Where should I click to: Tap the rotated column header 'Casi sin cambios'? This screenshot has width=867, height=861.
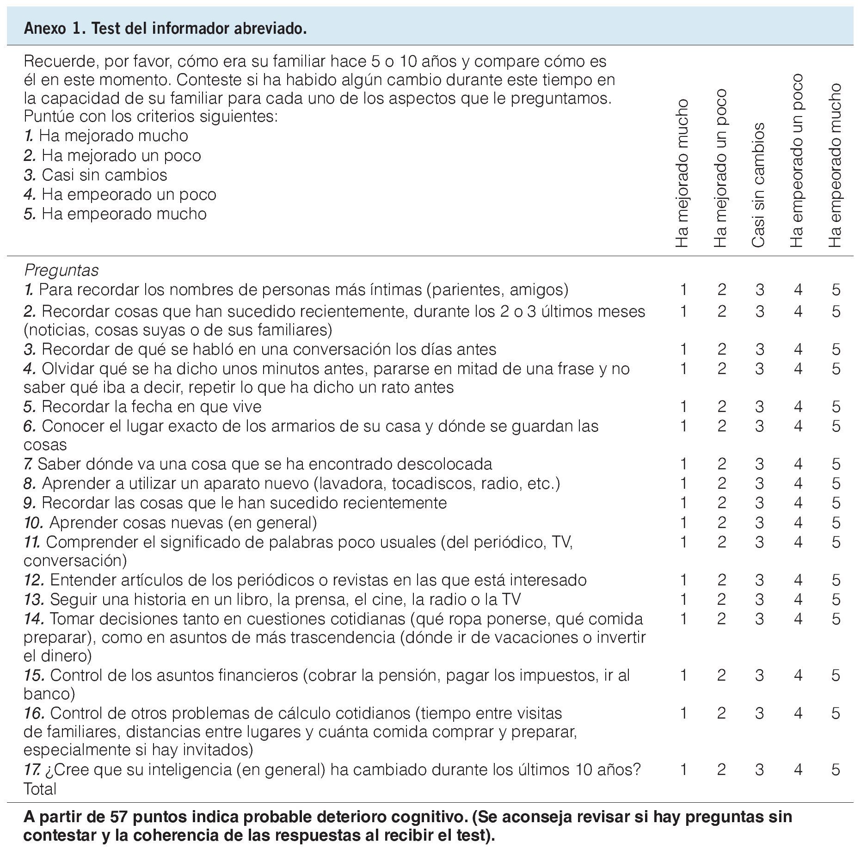pos(758,184)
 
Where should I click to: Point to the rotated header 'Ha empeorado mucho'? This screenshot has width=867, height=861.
pos(835,165)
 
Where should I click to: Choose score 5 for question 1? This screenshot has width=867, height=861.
pos(836,290)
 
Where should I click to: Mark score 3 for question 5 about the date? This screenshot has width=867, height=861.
pos(759,407)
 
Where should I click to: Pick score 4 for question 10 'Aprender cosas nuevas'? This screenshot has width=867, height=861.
pos(798,523)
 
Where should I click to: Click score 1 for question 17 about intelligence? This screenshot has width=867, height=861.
pos(683,770)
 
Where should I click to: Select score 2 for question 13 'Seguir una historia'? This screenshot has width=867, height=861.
pos(721,600)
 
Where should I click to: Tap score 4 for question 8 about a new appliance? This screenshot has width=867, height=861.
pos(798,484)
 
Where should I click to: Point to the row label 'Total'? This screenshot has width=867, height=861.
pos(40,789)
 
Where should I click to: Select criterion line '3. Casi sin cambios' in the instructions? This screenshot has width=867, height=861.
pos(96,175)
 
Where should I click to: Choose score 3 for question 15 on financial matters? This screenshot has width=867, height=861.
pos(759,676)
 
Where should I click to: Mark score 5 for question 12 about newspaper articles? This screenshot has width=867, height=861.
pos(836,580)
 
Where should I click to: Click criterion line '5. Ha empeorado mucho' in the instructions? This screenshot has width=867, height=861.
pos(115,214)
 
